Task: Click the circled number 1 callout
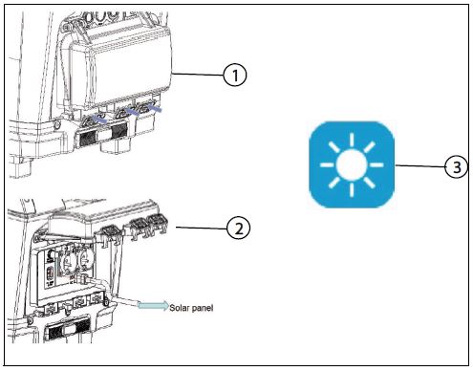pos(235,76)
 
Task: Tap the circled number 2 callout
pos(239,229)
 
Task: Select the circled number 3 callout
pos(457,166)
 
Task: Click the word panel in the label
pos(203,308)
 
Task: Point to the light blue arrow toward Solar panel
pos(153,305)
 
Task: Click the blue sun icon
pos(352,164)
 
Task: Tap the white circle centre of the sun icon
pos(352,164)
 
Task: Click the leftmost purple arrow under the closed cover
pos(99,120)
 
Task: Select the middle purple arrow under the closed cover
pos(132,111)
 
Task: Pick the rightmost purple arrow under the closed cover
pos(154,109)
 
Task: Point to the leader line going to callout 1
pos(198,75)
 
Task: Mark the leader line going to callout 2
pos(202,228)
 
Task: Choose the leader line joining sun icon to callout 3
pos(419,165)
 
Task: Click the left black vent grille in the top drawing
pos(86,139)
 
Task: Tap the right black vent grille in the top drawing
pos(118,130)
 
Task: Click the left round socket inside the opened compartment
pos(67,260)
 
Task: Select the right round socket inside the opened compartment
pos(84,259)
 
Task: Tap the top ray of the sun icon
pos(352,140)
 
